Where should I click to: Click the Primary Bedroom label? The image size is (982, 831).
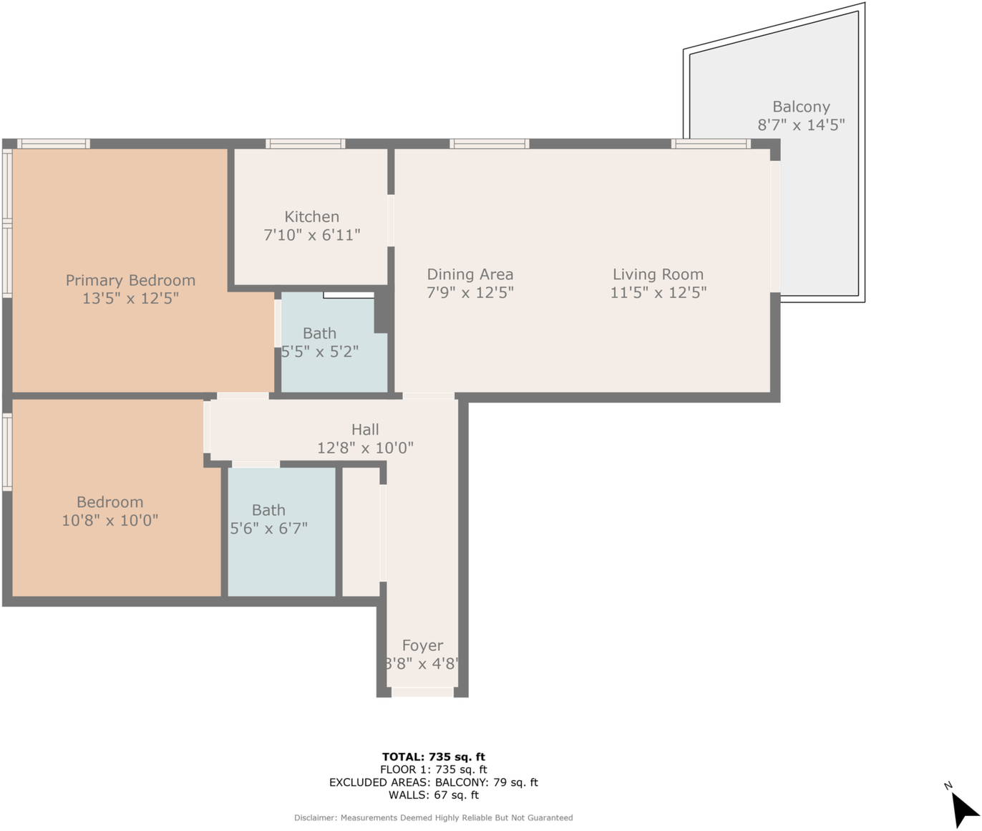pyautogui.click(x=130, y=280)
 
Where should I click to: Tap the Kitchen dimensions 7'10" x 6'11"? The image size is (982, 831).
pyautogui.click(x=311, y=235)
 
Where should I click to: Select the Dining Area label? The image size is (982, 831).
pyautogui.click(x=470, y=274)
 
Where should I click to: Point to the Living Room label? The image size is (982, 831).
pyautogui.click(x=658, y=274)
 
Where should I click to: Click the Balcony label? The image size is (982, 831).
pyautogui.click(x=801, y=107)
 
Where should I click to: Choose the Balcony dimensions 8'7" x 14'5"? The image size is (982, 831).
pyautogui.click(x=801, y=125)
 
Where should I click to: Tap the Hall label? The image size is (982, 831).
pyautogui.click(x=365, y=430)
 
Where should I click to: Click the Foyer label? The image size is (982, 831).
pyautogui.click(x=422, y=645)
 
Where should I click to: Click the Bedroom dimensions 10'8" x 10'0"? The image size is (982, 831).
pyautogui.click(x=110, y=521)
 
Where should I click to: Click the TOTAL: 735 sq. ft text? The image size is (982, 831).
pyautogui.click(x=433, y=756)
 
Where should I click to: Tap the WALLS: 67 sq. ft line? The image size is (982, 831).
pyautogui.click(x=433, y=795)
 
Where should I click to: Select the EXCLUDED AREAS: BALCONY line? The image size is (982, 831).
pyautogui.click(x=433, y=782)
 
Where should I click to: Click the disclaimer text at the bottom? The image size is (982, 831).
pyautogui.click(x=433, y=817)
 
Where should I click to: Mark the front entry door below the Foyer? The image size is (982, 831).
pyautogui.click(x=422, y=692)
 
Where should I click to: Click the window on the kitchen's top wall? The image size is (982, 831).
pyautogui.click(x=306, y=144)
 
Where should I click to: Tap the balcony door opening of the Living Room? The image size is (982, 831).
pyautogui.click(x=775, y=226)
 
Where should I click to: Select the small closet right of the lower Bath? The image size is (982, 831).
pyautogui.click(x=361, y=532)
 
